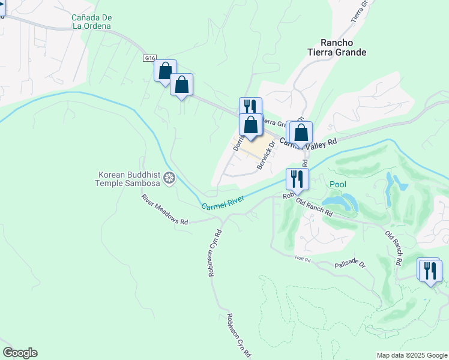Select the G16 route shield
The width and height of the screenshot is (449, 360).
[x=150, y=58]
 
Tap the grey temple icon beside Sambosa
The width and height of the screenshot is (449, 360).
[x=170, y=178]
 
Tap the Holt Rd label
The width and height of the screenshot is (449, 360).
[x=303, y=259]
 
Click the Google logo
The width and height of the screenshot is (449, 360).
[x=20, y=353]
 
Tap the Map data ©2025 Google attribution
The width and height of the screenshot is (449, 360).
[x=411, y=355]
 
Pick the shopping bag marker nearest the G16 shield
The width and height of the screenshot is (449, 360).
[x=164, y=71]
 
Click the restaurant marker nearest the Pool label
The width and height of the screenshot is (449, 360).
[x=297, y=179]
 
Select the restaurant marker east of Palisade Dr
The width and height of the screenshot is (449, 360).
[x=430, y=270]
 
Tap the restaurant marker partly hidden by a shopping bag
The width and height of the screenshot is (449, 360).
[x=251, y=106]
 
